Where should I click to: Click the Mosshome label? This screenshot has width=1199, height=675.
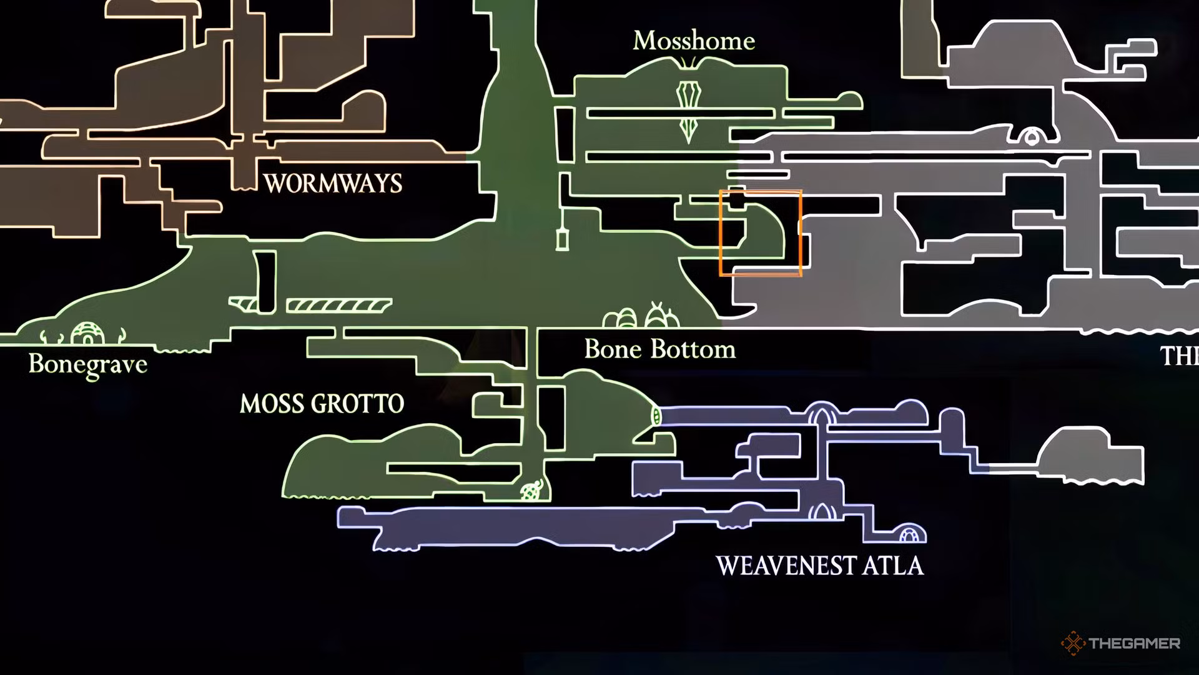click(694, 41)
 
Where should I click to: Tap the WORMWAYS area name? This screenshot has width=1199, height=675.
click(333, 184)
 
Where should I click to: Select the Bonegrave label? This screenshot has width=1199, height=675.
click(88, 364)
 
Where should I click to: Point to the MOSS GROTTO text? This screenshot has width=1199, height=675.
click(322, 404)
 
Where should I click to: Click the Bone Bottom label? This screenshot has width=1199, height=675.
click(660, 349)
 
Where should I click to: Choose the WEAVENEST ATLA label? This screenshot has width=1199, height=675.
click(819, 566)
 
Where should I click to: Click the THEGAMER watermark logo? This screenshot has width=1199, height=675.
click(1120, 643)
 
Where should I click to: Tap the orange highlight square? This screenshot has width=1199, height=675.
click(760, 232)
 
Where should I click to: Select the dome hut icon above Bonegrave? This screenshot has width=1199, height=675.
click(86, 334)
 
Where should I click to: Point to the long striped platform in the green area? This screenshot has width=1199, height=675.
click(339, 306)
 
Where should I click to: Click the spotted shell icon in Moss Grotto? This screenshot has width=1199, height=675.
click(531, 491)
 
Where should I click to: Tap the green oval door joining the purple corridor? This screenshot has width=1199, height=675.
click(655, 416)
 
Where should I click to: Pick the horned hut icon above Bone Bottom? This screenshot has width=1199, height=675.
click(659, 317)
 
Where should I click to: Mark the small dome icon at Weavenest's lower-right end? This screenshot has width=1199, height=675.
click(912, 535)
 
